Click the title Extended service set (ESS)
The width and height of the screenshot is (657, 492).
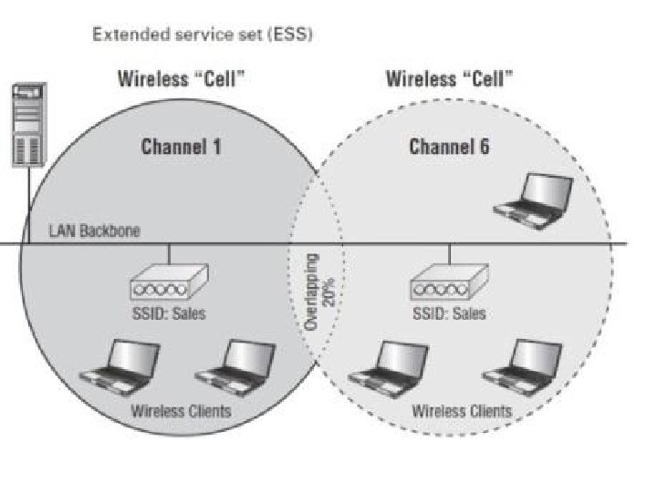(x=203, y=36)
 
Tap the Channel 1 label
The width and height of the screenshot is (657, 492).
(x=181, y=147)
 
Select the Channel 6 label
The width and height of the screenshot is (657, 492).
(x=449, y=147)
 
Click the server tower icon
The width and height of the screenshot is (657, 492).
(x=29, y=125)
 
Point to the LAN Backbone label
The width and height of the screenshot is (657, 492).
(x=94, y=231)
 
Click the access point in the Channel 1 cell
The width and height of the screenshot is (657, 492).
(x=169, y=282)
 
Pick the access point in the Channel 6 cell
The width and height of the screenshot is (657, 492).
(x=450, y=282)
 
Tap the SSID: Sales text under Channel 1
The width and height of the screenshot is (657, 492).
(x=169, y=313)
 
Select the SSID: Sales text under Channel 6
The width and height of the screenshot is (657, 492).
(x=449, y=313)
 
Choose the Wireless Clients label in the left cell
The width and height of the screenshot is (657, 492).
(x=181, y=410)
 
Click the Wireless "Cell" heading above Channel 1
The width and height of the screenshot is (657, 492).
(x=181, y=78)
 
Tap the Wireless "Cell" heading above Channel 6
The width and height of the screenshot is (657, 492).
(x=449, y=78)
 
